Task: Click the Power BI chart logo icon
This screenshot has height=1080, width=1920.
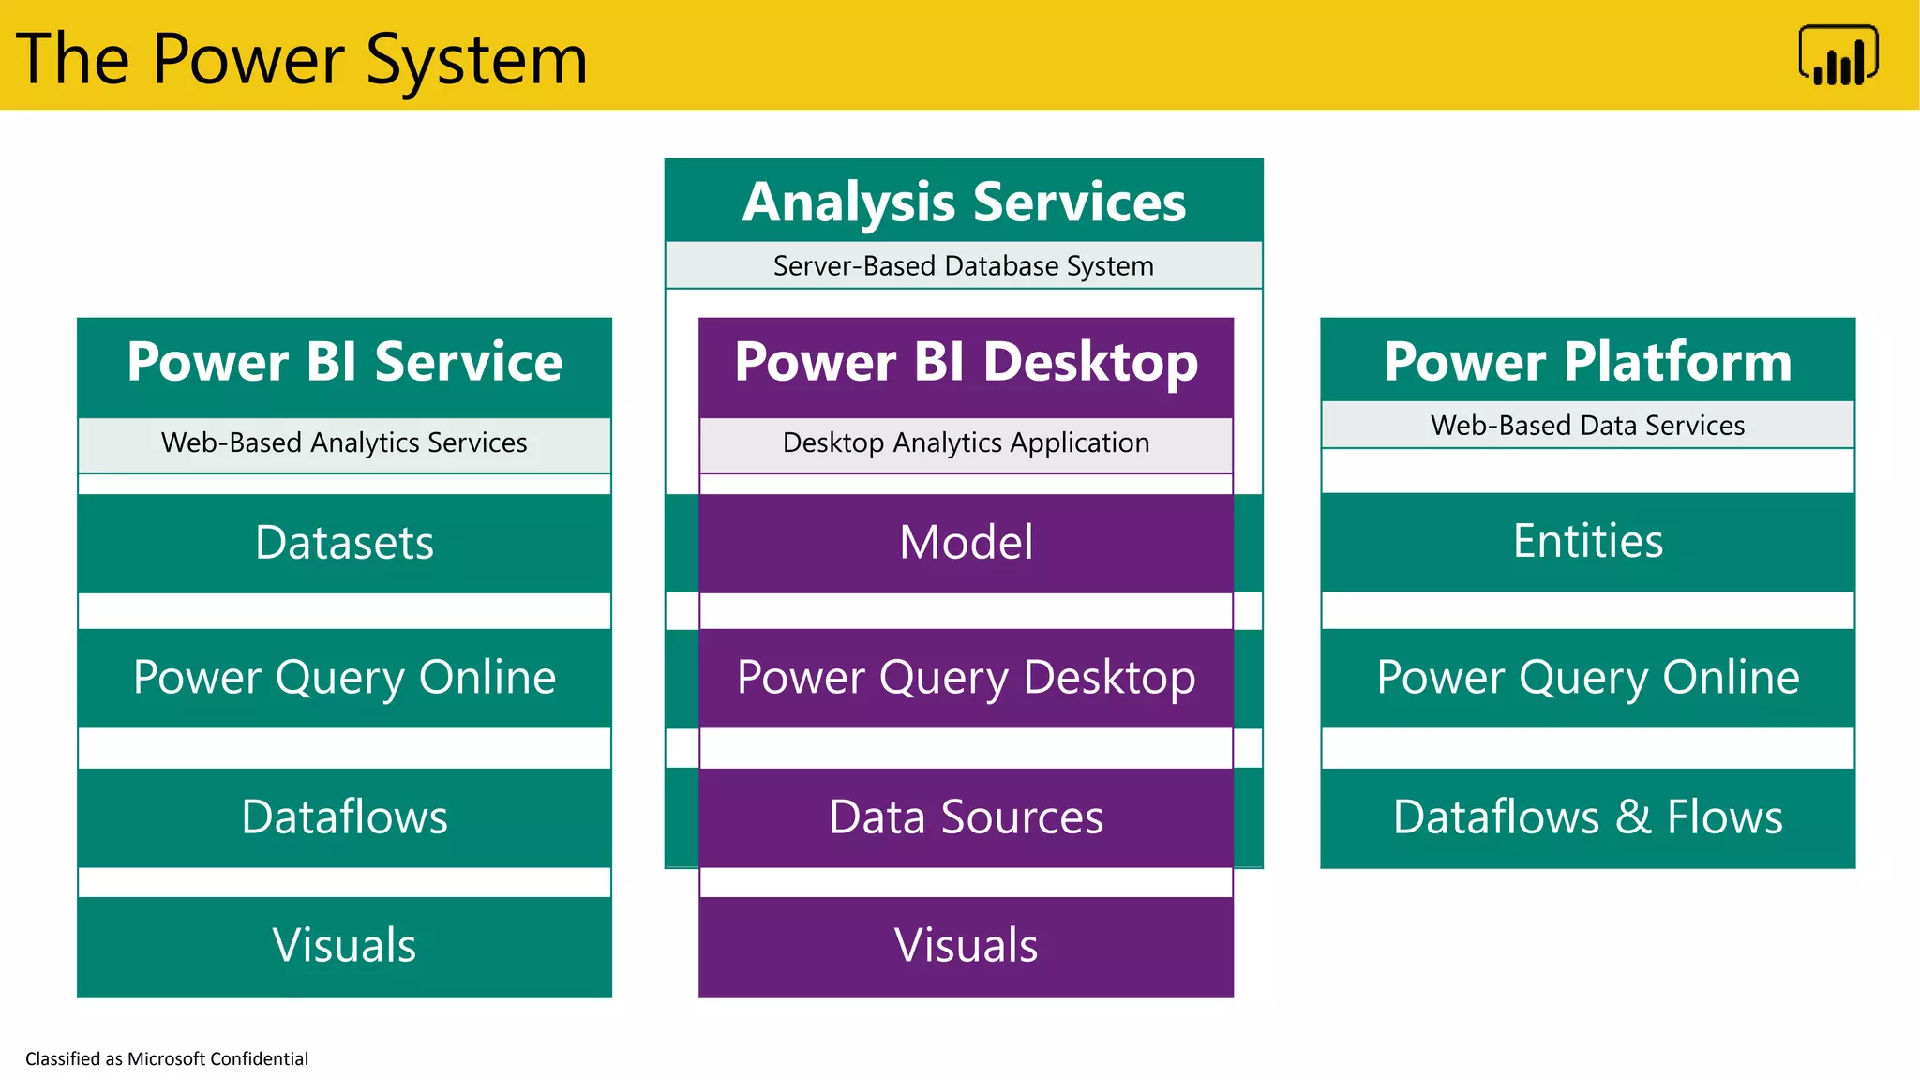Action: pos(1838,56)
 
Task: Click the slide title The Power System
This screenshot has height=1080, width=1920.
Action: pos(302,59)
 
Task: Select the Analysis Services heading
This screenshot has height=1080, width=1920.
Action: pos(964,202)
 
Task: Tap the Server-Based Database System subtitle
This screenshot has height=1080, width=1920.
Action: pos(964,266)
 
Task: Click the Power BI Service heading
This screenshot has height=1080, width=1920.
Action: pos(344,362)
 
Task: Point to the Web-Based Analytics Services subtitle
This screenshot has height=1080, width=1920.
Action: pos(344,442)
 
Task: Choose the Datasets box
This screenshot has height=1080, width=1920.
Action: pos(344,543)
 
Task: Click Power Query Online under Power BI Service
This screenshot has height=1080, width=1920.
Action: pos(344,678)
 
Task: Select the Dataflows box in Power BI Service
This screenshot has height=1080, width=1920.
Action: pos(344,817)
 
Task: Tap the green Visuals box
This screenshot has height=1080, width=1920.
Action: pos(344,946)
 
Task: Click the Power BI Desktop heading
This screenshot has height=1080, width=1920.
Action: pos(966,362)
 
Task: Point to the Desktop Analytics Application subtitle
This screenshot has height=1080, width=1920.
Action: pos(966,442)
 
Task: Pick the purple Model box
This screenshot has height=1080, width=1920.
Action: pos(966,543)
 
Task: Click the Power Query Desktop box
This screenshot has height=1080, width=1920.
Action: pos(966,678)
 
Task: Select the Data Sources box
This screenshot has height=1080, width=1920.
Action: pos(966,817)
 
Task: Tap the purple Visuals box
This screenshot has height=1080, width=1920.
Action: pos(966,946)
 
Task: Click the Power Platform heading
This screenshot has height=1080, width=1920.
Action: pos(1587,362)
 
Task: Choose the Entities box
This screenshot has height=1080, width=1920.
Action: pos(1587,542)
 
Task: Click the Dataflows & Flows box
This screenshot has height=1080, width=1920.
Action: pos(1587,817)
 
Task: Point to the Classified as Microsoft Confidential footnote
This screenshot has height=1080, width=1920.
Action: pos(167,1058)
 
